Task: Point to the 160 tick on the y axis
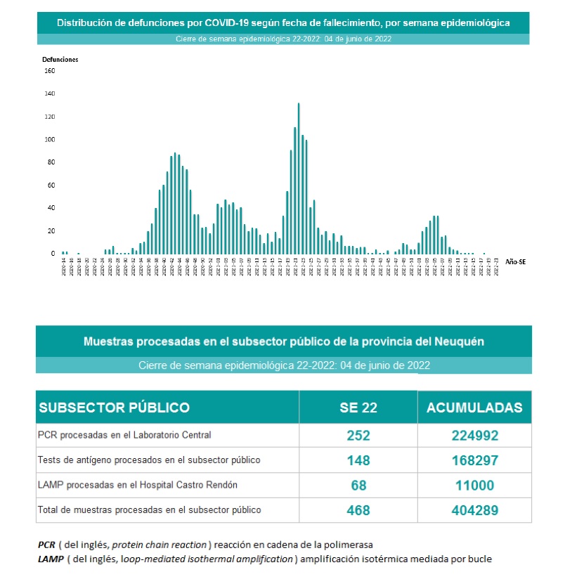49,71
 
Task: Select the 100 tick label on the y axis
49,139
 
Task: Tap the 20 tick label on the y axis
51,230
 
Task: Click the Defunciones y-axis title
60,60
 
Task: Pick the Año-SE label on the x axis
515,261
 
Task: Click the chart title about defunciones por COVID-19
283,22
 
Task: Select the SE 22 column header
358,408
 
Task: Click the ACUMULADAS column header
475,408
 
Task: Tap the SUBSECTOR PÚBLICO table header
114,408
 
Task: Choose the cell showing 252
358,436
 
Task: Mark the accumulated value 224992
475,436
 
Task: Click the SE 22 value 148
358,460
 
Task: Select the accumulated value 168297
475,460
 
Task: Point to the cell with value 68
358,486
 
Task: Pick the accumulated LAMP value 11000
475,486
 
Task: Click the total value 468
358,510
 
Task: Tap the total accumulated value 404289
475,510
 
